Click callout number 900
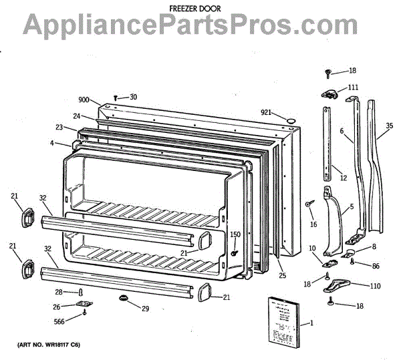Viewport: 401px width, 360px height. [84, 100]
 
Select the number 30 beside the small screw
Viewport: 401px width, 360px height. [133, 97]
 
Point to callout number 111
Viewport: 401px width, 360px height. [353, 87]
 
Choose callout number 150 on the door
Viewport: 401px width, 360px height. [235, 234]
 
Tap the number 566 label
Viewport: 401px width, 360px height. [60, 320]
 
